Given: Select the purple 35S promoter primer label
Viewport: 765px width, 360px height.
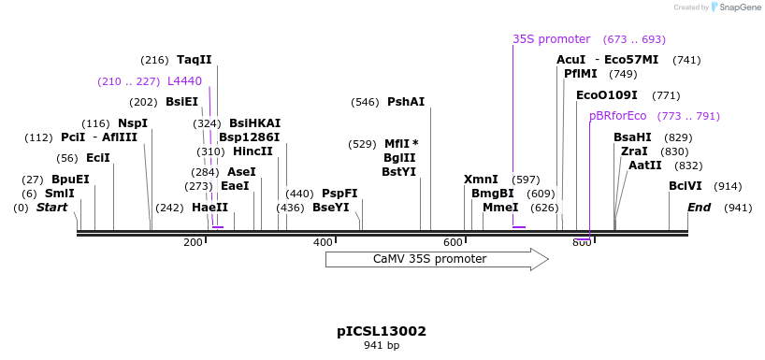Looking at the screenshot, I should coord(551,39).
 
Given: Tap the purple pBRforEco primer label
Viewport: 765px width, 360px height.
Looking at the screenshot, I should coord(617,116).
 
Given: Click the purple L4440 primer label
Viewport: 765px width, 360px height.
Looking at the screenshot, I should coord(184,81).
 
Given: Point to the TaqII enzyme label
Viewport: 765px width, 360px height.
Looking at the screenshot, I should coord(195,60).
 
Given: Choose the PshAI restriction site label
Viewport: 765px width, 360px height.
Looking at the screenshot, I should coord(406,102).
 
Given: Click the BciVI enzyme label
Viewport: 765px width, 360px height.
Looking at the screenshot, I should coord(686,186).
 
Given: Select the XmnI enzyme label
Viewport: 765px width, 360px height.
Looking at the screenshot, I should coord(481,180).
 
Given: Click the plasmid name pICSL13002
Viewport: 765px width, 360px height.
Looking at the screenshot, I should coord(382,331).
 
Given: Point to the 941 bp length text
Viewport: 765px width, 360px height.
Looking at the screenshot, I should coord(382,346).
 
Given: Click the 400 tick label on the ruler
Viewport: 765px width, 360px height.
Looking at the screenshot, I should coord(323,243).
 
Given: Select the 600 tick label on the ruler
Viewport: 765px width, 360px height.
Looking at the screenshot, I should coord(454,243).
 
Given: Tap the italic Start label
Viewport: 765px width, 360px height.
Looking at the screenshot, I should coord(52,208).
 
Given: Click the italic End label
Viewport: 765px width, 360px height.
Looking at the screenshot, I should coord(700,208).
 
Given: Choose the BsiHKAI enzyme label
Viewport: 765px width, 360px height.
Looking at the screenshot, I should coord(254,123).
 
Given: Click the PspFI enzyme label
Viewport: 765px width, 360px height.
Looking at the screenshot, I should coord(339,194).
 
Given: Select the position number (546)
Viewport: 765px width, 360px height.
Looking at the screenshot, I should coord(365,102).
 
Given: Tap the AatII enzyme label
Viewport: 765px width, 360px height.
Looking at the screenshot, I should coord(644,166).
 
